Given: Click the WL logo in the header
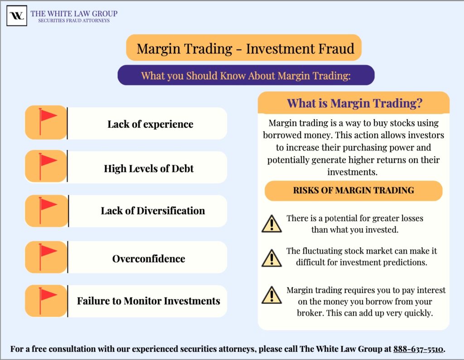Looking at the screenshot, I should pos(17,16).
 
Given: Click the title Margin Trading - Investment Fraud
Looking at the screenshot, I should pos(245,48).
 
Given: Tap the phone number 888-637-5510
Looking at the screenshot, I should pos(418,349).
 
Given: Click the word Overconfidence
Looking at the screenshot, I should pos(149,259).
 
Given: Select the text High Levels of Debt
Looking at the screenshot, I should pos(149,169).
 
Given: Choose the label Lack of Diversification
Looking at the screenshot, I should pos(153,211).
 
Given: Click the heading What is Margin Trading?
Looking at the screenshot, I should pos(354,103).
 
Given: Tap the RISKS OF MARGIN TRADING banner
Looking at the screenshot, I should pos(353,190).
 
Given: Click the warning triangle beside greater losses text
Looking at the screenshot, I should pos(271,224).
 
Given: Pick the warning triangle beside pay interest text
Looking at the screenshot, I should pos(271,295).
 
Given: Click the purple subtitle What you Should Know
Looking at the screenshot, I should pos(246,76).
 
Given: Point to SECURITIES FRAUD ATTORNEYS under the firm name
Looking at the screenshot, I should pos(73,21).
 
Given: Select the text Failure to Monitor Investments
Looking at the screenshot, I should pos(149,301).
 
